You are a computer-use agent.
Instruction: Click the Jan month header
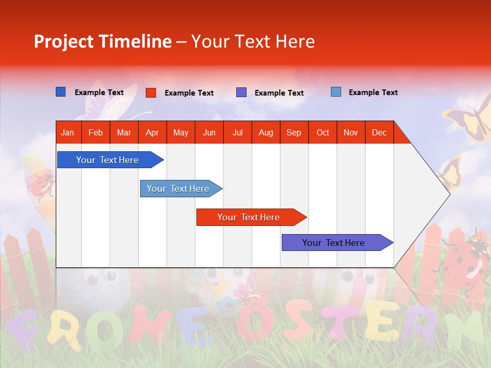(x=68, y=132)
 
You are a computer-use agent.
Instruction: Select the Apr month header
(x=152, y=132)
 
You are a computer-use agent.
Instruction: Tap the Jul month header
(x=237, y=132)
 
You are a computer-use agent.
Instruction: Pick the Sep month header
(x=294, y=132)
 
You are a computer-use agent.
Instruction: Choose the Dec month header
(x=379, y=132)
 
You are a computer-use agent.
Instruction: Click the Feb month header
(x=96, y=132)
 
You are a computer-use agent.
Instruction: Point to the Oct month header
(x=323, y=132)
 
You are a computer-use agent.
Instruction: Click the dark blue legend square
(x=61, y=92)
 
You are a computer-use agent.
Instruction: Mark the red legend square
(x=151, y=93)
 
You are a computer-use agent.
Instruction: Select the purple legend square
(x=241, y=93)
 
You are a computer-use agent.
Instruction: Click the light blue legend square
(x=336, y=92)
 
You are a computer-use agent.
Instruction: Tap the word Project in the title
(x=63, y=41)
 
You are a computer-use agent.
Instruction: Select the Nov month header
(x=351, y=132)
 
